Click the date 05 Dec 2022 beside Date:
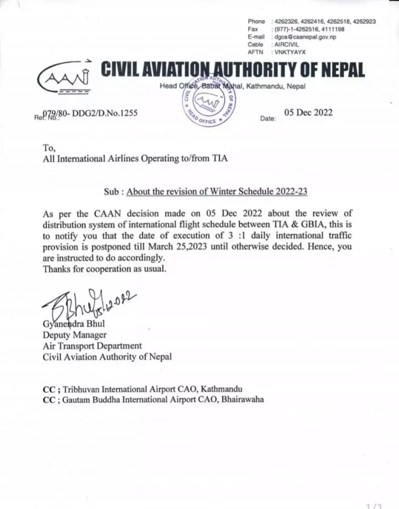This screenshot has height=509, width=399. point(308,112)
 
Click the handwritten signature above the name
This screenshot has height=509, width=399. point(87,303)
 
